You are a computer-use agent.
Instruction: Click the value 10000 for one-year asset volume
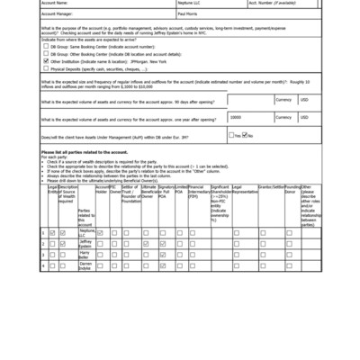(236, 118)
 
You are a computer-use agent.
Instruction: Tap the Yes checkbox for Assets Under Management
(231, 136)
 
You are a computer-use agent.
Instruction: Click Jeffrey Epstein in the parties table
(86, 243)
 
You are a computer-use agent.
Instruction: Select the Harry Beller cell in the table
(86, 255)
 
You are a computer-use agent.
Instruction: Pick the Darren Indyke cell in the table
(86, 266)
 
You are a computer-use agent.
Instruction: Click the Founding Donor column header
(292, 190)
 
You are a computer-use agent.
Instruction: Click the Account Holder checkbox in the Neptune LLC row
(101, 232)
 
